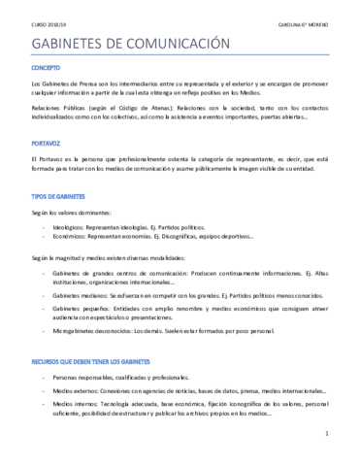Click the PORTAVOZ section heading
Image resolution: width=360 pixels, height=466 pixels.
47,142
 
